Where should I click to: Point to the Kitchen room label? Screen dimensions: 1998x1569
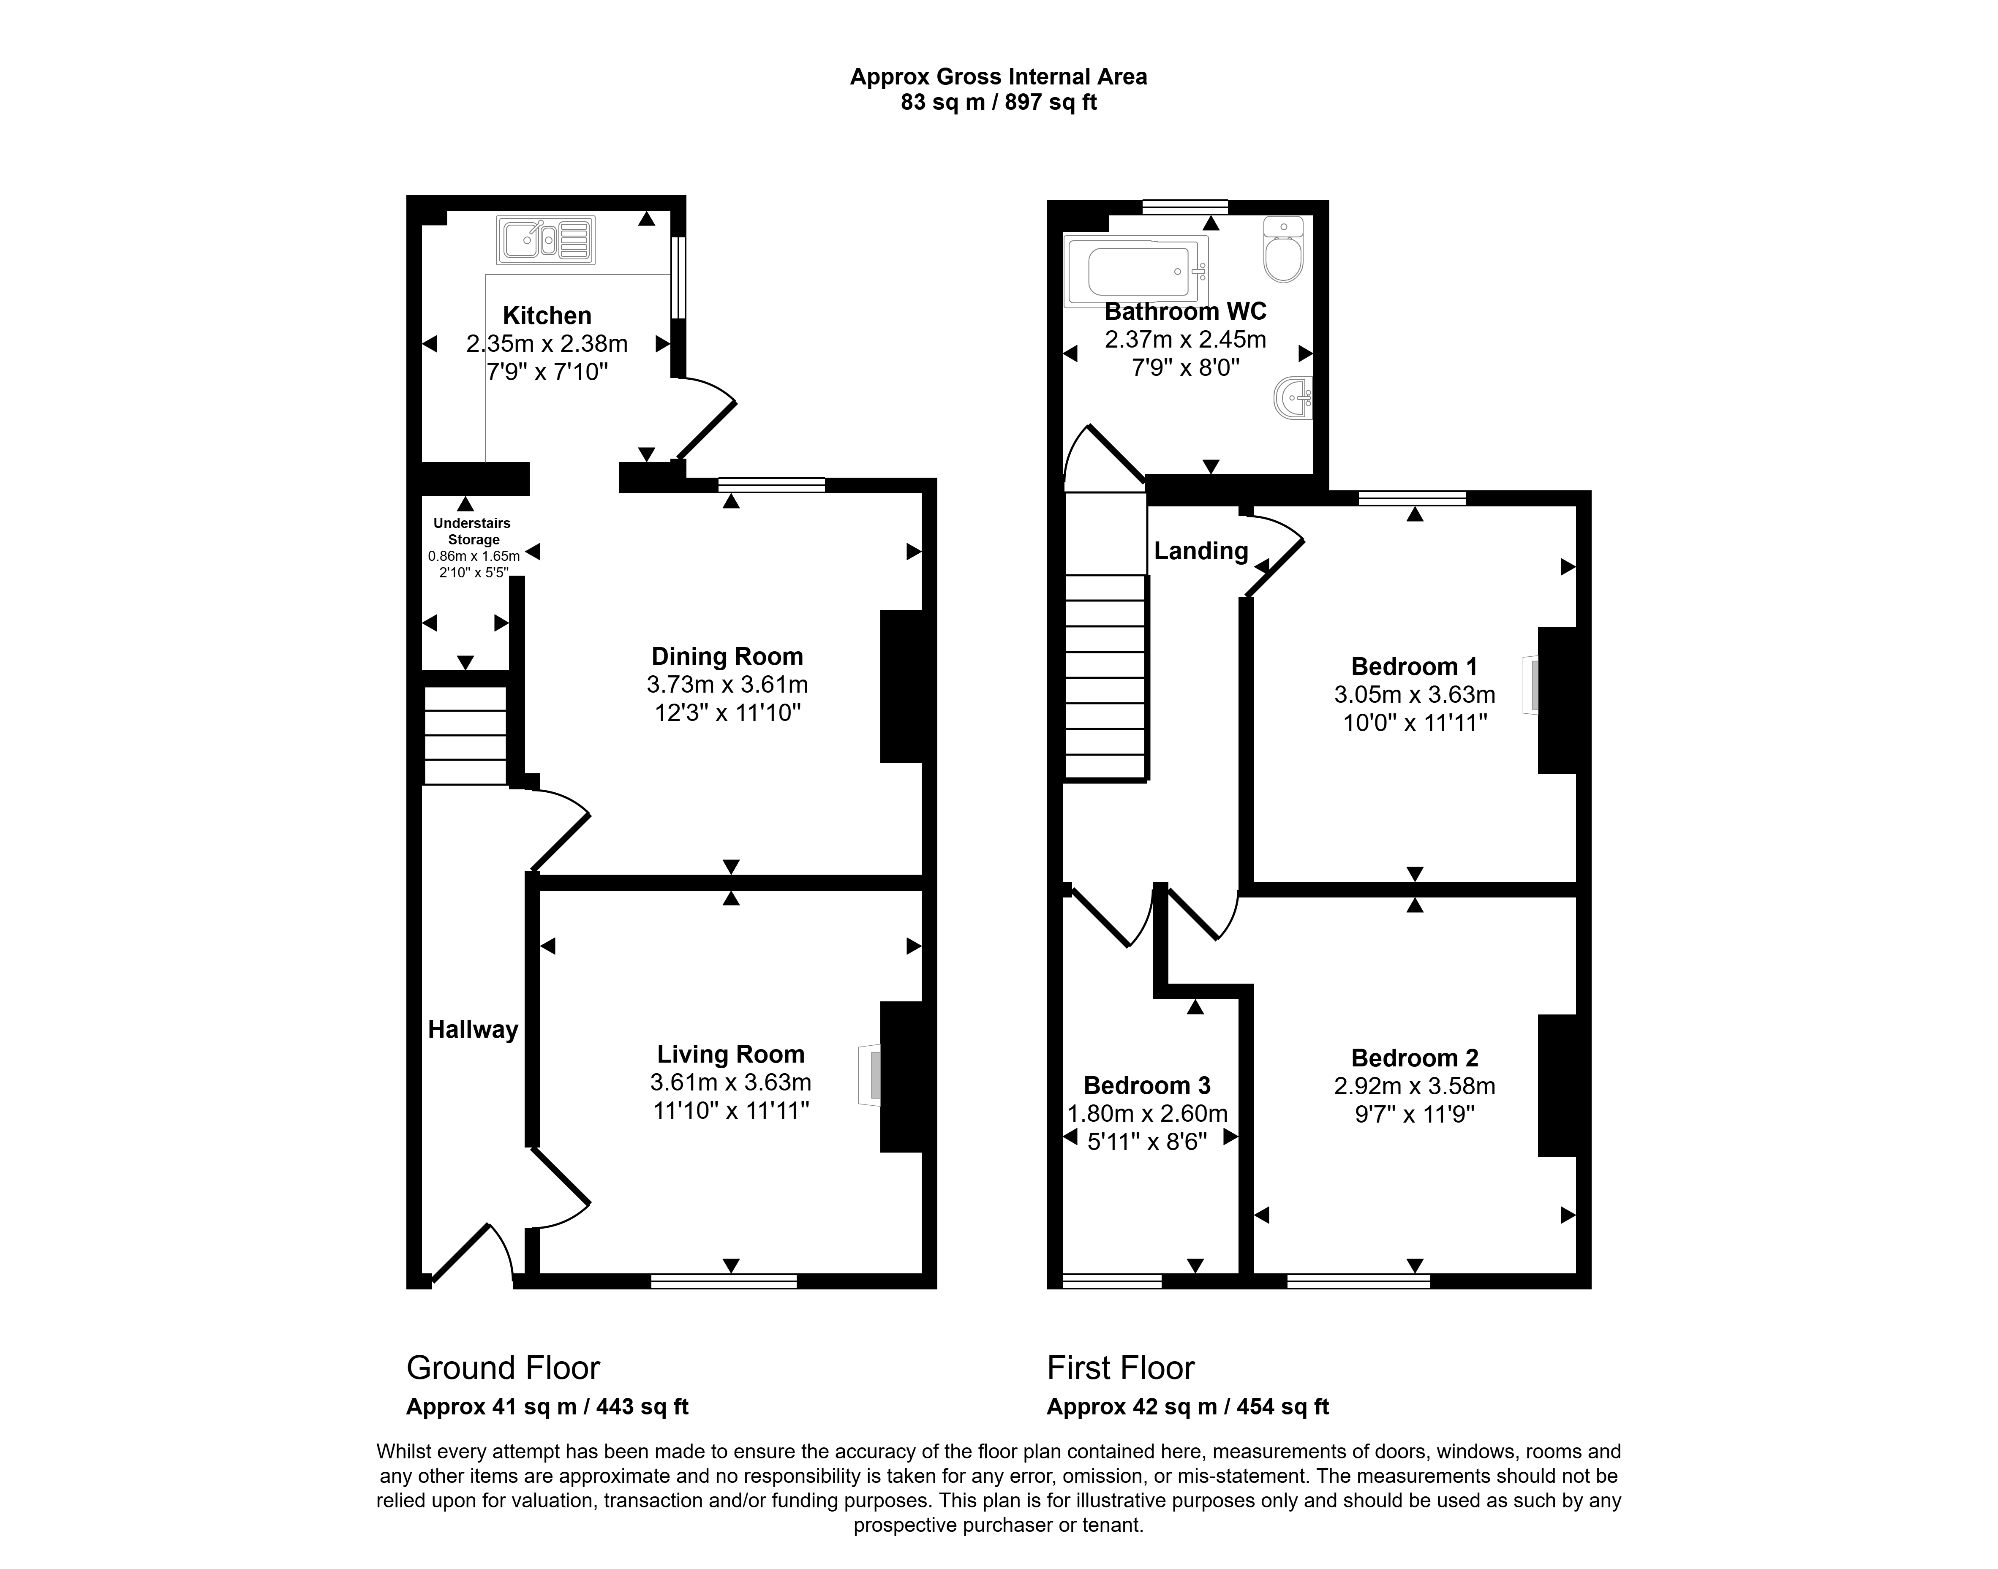[547, 315]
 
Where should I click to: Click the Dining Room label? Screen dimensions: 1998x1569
[727, 656]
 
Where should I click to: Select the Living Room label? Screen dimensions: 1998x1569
[730, 1054]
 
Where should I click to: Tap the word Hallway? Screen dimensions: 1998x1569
[473, 1030]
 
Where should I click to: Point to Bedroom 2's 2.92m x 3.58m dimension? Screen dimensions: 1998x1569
[1415, 1086]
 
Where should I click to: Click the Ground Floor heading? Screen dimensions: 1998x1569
[504, 1368]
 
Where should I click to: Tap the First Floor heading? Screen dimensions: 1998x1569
[1121, 1368]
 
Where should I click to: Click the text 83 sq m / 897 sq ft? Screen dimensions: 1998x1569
[999, 102]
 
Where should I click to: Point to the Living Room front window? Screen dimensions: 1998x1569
[724, 1281]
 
